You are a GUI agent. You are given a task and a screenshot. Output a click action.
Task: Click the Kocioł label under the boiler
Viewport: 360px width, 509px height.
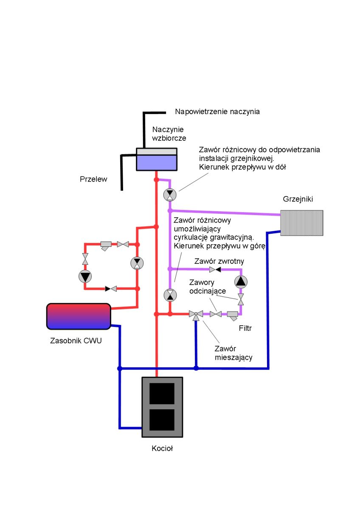pyautogui.click(x=162, y=449)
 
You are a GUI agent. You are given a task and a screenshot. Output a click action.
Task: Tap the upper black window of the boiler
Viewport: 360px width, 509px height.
pyautogui.click(x=162, y=393)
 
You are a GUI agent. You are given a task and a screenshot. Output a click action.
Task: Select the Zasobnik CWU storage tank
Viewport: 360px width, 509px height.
pyautogui.click(x=79, y=316)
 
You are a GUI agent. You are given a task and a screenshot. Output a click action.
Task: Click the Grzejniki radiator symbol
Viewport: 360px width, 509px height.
pyautogui.click(x=301, y=223)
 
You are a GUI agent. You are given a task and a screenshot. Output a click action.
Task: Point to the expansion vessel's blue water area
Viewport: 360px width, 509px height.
pyautogui.click(x=157, y=162)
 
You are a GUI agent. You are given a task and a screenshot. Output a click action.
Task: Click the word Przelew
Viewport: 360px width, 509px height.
pyautogui.click(x=93, y=179)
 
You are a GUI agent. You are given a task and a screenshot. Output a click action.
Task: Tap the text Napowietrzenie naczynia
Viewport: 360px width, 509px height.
pyautogui.click(x=217, y=112)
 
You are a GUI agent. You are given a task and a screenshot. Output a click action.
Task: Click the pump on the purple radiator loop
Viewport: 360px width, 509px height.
pyautogui.click(x=241, y=282)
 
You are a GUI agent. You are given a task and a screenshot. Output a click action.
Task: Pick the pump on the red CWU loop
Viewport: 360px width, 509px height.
pyautogui.click(x=85, y=276)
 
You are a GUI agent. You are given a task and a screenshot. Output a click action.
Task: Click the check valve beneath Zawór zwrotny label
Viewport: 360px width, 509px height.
pyautogui.click(x=215, y=269)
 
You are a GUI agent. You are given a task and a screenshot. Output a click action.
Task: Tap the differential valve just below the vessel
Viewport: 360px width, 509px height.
pyautogui.click(x=170, y=195)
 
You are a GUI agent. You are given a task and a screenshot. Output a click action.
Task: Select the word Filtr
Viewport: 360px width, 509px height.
pyautogui.click(x=245, y=328)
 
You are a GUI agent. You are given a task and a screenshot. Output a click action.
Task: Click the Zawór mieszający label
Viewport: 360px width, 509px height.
pyautogui.click(x=233, y=353)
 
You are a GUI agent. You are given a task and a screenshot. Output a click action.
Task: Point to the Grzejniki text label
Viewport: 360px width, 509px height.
pyautogui.click(x=298, y=199)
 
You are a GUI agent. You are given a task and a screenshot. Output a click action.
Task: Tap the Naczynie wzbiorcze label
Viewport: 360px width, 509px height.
pyautogui.click(x=169, y=134)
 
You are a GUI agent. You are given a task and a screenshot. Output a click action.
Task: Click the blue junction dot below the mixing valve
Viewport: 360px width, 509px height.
pyautogui.click(x=196, y=368)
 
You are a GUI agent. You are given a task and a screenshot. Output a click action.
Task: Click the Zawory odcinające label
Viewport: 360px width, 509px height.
pyautogui.click(x=208, y=287)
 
